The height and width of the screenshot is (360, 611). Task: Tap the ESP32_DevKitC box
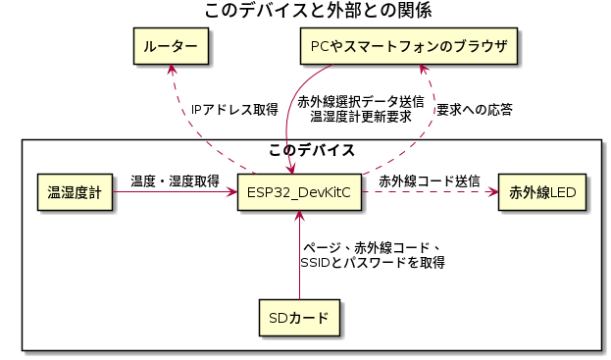(x=299, y=190)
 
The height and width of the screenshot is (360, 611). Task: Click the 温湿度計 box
(x=75, y=190)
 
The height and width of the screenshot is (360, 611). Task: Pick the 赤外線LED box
(x=542, y=190)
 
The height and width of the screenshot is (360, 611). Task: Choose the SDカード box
(x=299, y=317)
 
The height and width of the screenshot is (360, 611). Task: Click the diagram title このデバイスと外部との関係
(x=305, y=11)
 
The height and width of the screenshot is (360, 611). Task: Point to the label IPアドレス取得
(x=234, y=110)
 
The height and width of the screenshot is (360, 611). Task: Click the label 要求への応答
(x=474, y=109)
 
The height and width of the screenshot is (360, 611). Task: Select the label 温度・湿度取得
(x=175, y=181)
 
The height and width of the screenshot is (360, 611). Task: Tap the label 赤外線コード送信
(x=429, y=181)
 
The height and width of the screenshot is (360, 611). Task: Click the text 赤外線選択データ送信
(x=360, y=102)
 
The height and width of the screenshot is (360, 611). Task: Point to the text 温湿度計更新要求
(x=360, y=117)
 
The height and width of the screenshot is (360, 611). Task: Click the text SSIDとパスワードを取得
(x=373, y=263)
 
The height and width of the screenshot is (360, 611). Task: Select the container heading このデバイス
(x=311, y=150)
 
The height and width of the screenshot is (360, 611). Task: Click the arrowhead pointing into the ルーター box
(x=173, y=71)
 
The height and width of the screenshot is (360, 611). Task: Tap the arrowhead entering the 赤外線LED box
(x=492, y=191)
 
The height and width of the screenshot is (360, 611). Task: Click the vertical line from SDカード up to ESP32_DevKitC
(x=299, y=265)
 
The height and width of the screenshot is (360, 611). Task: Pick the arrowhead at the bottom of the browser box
(x=422, y=71)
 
